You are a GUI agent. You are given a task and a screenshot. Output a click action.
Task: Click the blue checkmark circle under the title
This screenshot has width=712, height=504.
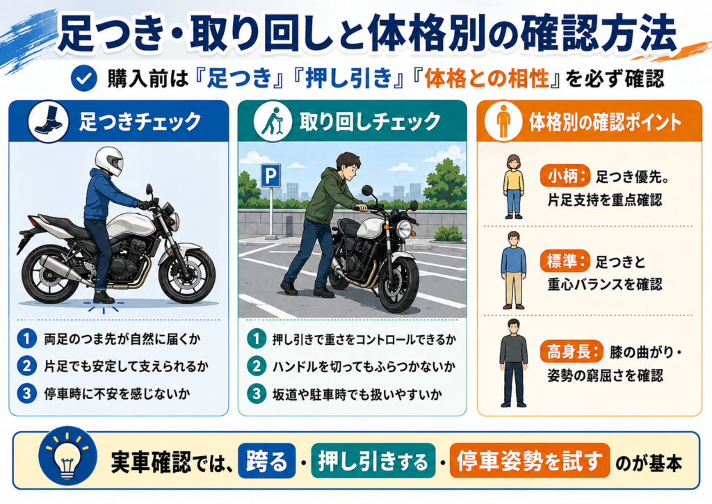tap(84, 79)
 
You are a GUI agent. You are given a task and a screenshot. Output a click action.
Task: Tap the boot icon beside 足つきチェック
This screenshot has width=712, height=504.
tap(48, 122)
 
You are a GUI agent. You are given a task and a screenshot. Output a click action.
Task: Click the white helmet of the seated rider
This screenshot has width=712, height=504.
tap(109, 161)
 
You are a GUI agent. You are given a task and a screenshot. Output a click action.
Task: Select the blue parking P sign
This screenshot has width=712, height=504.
tap(270, 176)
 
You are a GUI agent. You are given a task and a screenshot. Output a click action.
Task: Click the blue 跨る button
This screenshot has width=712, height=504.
tap(267, 461)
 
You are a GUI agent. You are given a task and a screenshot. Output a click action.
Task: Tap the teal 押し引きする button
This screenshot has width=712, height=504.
tap(373, 461)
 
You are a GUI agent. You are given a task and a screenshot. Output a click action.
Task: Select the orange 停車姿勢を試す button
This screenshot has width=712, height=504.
tap(529, 461)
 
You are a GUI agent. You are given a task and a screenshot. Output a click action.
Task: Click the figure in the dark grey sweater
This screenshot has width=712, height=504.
tap(514, 363)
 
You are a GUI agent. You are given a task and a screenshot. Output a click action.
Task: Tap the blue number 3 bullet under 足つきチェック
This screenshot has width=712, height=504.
tap(27, 393)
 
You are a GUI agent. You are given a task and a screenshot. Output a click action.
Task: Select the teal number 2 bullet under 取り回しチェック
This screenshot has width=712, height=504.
tap(257, 366)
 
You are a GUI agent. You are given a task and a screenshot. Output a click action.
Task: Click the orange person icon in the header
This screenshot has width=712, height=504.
tap(503, 121)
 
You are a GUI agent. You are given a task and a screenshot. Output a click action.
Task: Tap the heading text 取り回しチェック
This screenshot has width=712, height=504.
tap(370, 122)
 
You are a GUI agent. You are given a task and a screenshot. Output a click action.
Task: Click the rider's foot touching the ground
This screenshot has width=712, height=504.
tap(104, 298)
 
